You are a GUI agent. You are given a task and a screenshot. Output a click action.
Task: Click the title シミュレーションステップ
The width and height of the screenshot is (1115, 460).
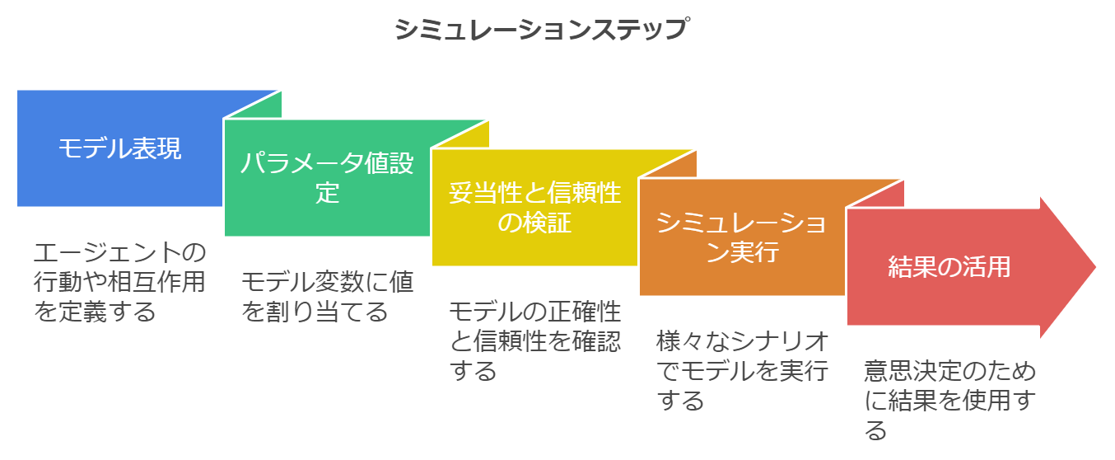pos(540,30)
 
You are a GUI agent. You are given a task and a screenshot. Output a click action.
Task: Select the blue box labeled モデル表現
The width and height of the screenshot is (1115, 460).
pos(120,149)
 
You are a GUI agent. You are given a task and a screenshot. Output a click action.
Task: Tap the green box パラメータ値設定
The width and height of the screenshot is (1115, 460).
pos(327,178)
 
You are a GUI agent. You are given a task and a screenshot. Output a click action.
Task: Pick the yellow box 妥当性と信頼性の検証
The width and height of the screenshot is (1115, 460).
pos(534,208)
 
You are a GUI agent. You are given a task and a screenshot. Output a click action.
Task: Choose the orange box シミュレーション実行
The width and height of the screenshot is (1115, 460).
pos(742,237)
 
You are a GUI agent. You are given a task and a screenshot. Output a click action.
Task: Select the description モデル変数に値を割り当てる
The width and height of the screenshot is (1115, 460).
pos(327,297)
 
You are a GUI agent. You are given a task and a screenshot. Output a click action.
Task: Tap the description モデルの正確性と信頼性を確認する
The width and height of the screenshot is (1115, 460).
pos(534,341)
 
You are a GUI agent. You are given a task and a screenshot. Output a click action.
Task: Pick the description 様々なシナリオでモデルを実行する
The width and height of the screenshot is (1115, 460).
pos(742,371)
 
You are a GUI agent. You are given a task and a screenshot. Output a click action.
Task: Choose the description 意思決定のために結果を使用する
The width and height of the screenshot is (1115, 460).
pos(949,401)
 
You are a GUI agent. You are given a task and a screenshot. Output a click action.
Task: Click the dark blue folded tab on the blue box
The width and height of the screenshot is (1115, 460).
pos(256,106)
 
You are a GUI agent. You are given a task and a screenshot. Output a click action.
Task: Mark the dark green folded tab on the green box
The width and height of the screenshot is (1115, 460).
pos(464,135)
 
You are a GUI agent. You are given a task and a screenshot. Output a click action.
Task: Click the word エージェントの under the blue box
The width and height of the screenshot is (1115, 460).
pos(119,252)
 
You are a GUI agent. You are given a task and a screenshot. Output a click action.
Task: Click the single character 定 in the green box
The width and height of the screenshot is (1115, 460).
pos(327,193)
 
